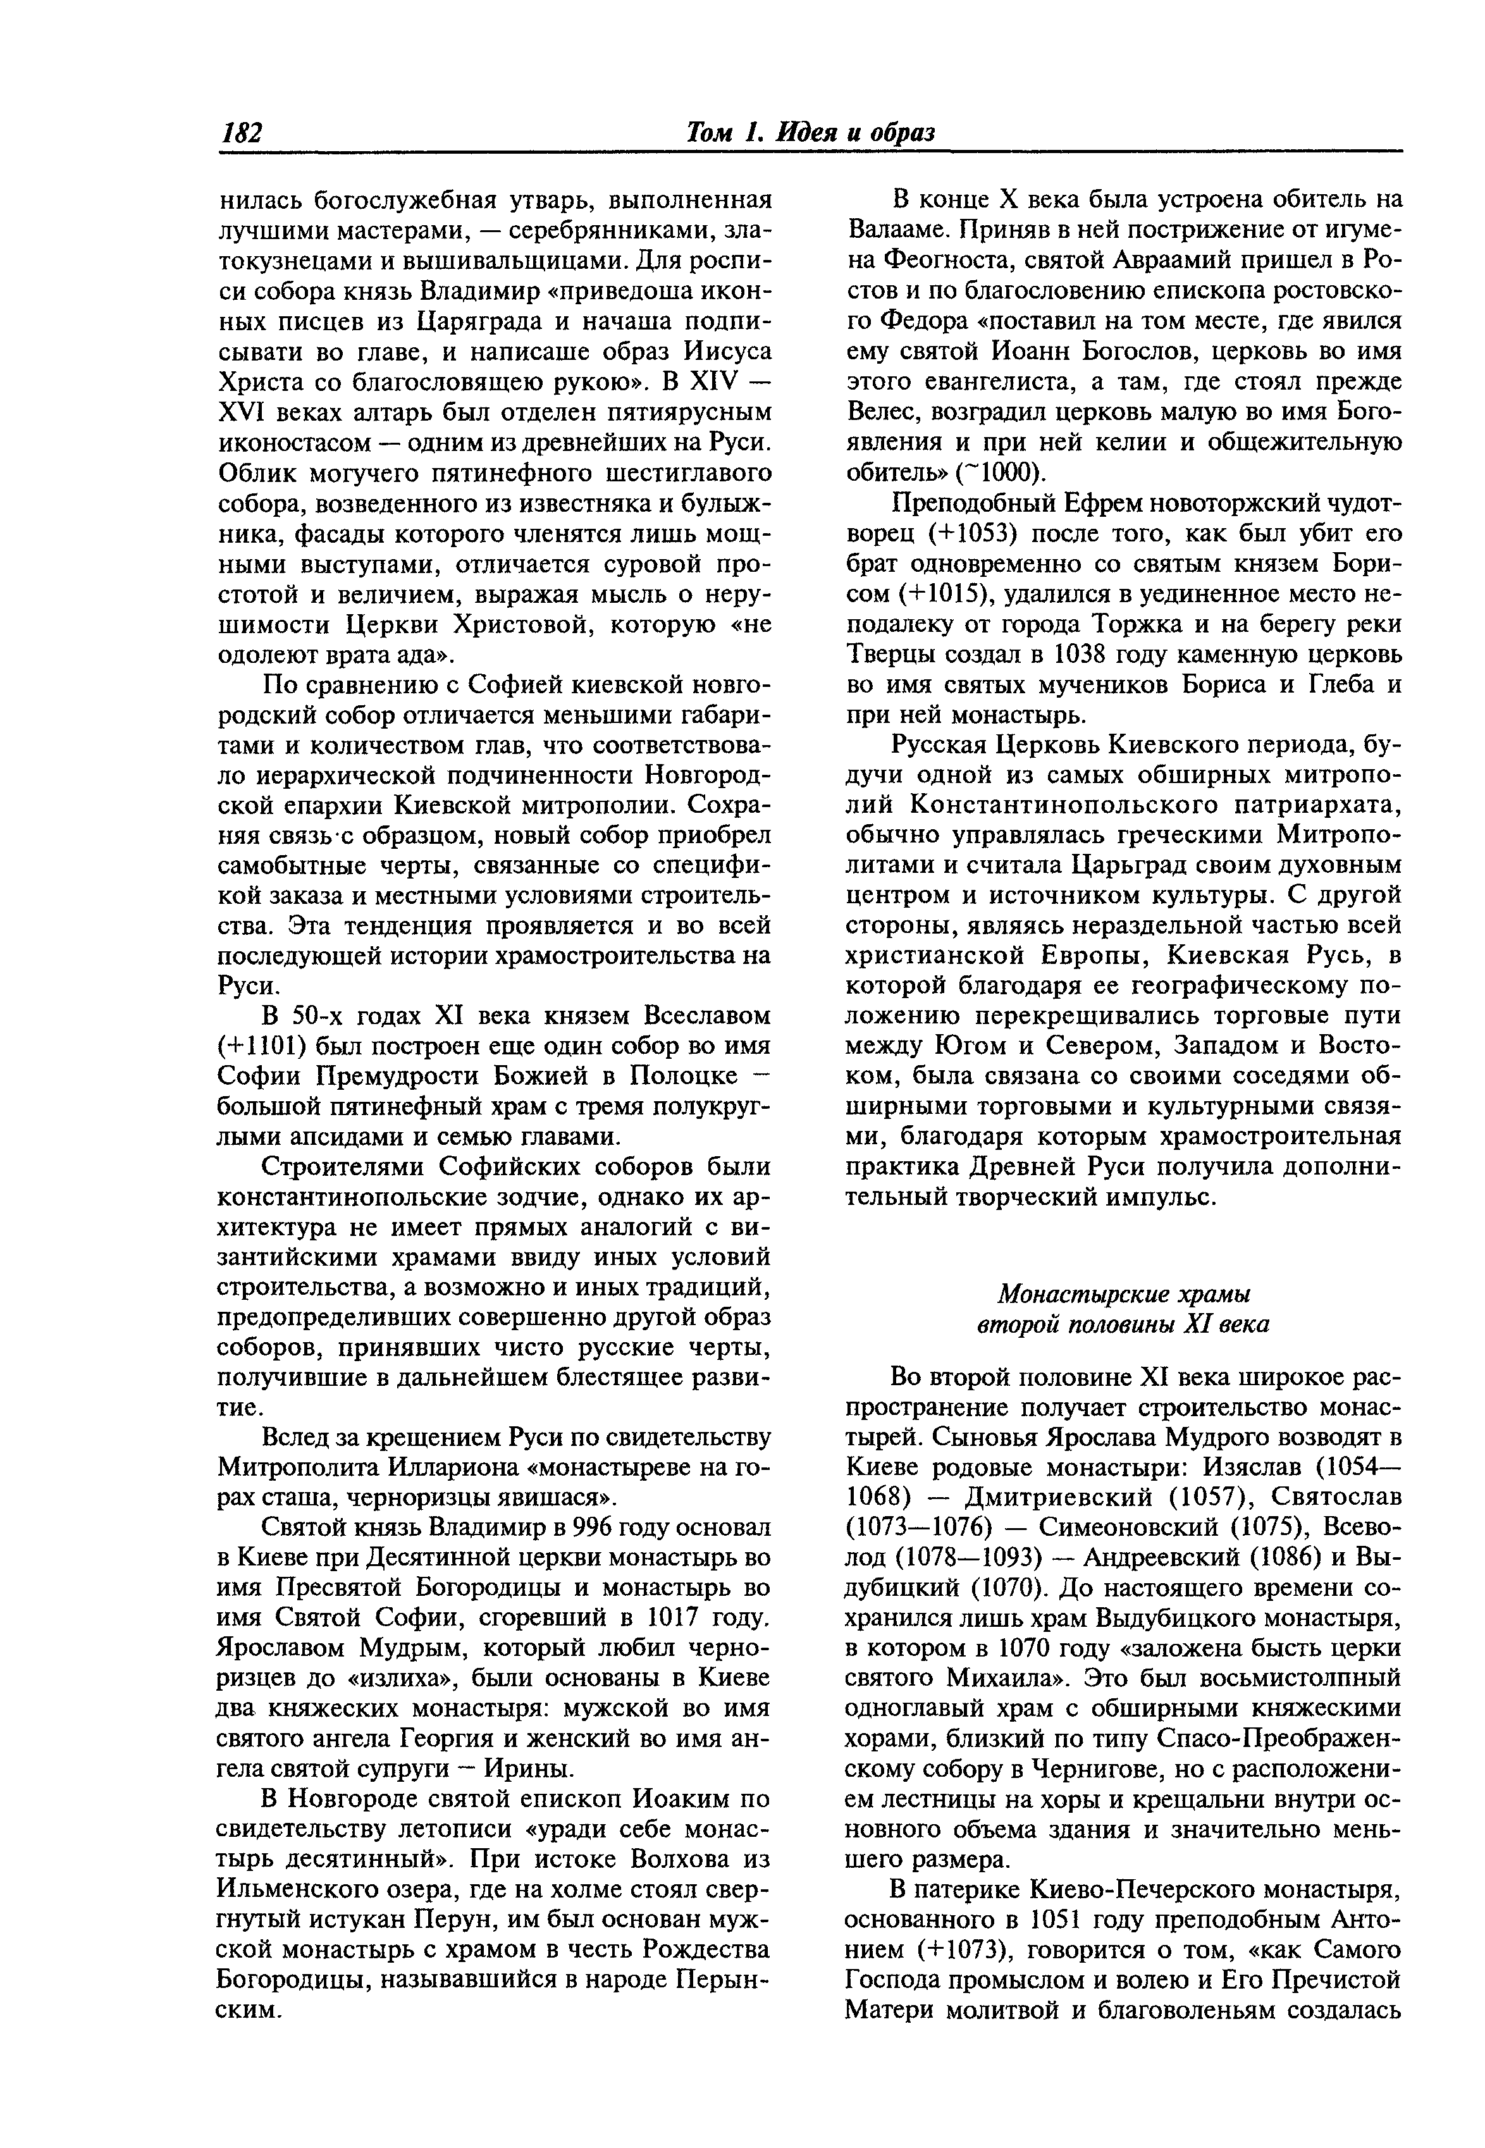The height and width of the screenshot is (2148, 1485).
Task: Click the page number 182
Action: (241, 133)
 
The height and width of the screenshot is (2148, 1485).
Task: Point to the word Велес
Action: (882, 412)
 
